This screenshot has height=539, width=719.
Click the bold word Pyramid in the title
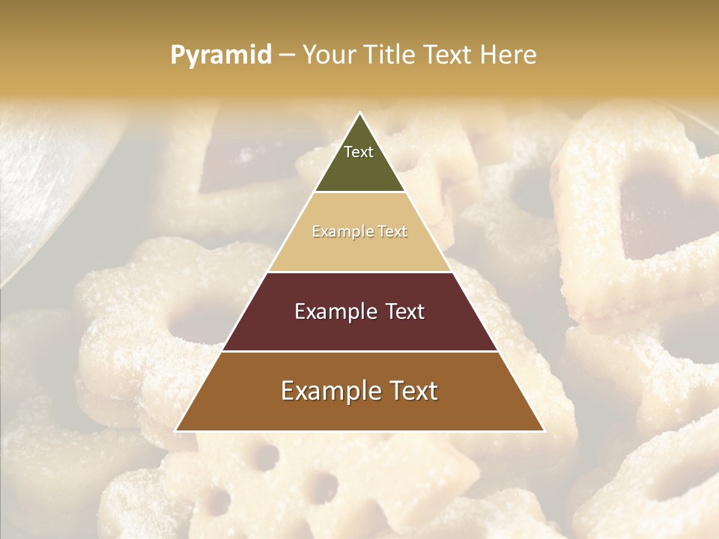(220, 55)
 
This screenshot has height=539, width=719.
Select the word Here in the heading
(509, 55)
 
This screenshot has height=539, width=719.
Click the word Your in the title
(329, 55)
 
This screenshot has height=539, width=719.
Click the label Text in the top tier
(359, 152)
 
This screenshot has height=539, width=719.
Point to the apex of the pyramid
(359, 114)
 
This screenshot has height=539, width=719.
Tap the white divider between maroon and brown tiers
(359, 351)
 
